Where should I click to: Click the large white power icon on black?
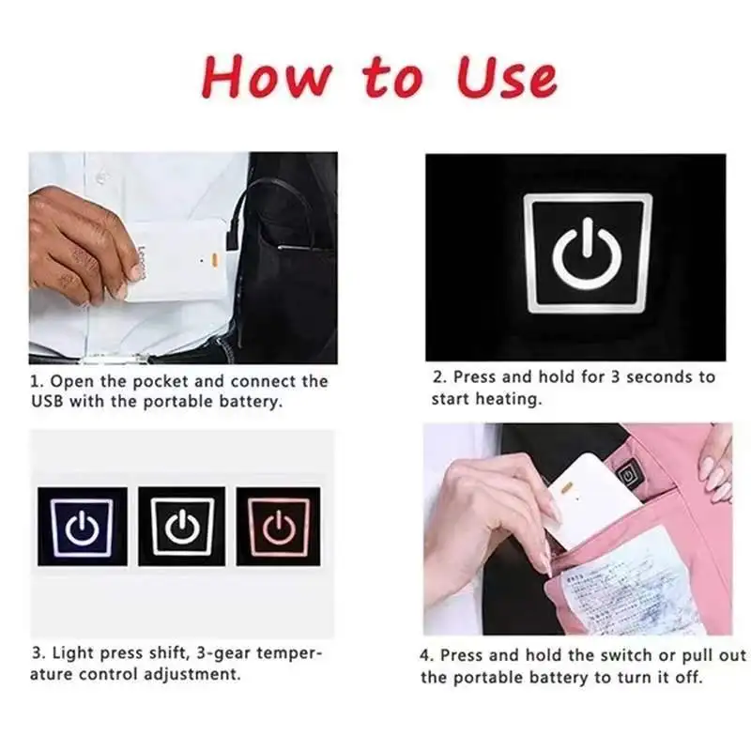pos(588,253)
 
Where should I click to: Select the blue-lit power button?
pos(82,527)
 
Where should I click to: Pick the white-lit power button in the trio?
pos(182,527)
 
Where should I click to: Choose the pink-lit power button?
pos(279,527)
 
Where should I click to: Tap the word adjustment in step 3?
pos(194,675)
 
